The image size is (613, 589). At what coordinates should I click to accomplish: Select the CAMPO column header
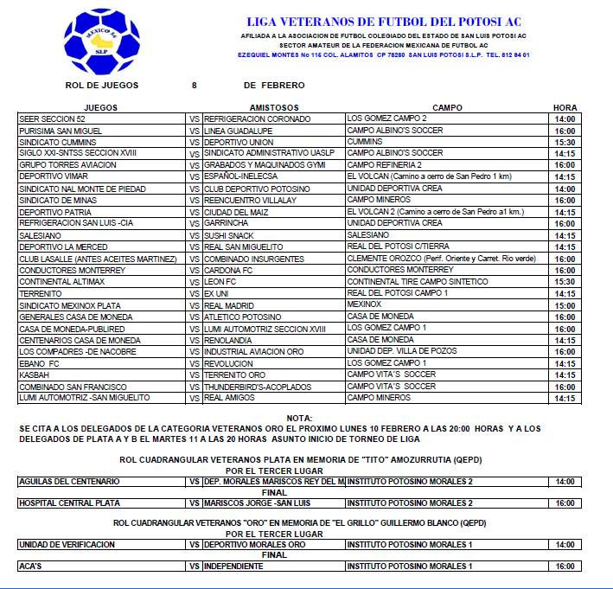click(447, 107)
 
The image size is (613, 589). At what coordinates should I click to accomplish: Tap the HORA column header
click(565, 107)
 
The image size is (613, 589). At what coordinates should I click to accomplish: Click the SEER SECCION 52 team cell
click(52, 118)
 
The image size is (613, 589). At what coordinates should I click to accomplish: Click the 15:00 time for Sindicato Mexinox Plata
click(565, 305)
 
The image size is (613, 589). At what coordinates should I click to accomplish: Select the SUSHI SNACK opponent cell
click(231, 235)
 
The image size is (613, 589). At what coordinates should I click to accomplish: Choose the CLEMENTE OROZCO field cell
click(441, 259)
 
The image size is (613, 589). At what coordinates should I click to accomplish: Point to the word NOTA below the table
click(298, 418)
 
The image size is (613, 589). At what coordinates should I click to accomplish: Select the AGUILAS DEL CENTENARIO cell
click(64, 481)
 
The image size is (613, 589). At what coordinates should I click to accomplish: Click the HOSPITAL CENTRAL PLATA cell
click(69, 503)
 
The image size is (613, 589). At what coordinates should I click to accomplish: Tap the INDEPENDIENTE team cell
click(233, 566)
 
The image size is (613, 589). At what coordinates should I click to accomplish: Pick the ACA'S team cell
click(31, 566)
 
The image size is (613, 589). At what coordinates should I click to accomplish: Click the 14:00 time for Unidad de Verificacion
click(565, 544)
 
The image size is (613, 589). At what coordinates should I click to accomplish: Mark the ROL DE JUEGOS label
click(102, 86)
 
